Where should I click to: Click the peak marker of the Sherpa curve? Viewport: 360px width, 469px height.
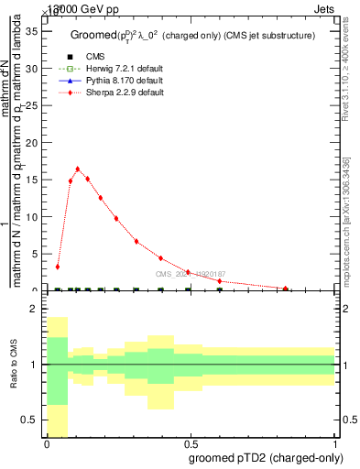tap(78, 169)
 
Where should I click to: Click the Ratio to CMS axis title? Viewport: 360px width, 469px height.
tap(14, 365)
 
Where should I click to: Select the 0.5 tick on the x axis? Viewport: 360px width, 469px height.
tap(191, 443)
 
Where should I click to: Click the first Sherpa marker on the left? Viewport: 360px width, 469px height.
tap(58, 267)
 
